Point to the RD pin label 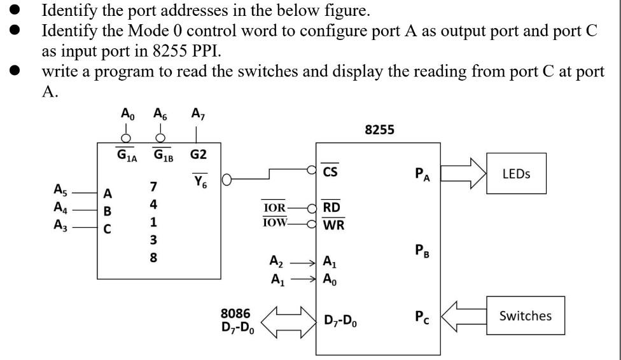tap(331, 207)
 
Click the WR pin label tap(333, 224)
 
